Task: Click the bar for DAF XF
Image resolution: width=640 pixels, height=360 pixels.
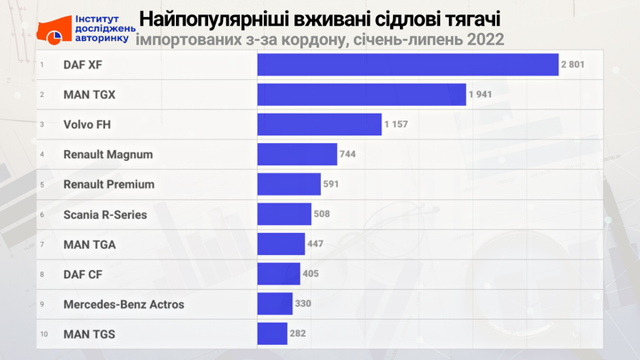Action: [x=407, y=65]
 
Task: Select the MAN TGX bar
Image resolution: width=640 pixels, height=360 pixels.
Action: [x=361, y=95]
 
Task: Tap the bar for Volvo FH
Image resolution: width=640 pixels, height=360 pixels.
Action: [x=319, y=124]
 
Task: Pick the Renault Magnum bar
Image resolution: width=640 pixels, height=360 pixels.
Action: [x=297, y=155]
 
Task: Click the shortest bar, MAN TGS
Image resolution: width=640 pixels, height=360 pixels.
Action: [x=272, y=334]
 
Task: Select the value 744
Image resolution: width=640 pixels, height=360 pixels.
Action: [x=348, y=155]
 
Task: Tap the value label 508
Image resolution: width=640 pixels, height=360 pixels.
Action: [x=324, y=214]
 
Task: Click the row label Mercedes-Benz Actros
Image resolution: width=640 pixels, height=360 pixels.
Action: [x=124, y=304]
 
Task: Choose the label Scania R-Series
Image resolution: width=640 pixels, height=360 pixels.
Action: [x=105, y=214]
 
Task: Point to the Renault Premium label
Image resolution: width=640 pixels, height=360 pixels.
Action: [x=108, y=184]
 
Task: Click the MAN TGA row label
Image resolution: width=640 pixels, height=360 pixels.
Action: [x=90, y=244]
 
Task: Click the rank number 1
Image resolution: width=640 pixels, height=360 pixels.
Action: [x=42, y=65]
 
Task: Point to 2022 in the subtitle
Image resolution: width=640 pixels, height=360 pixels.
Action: [x=484, y=38]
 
